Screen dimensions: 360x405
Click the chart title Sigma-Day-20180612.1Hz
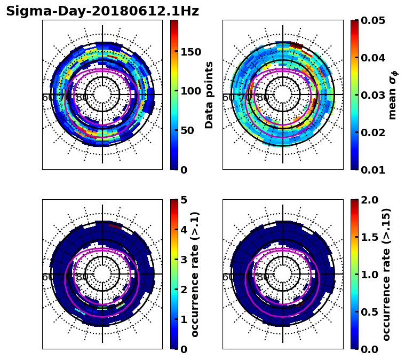click(x=102, y=11)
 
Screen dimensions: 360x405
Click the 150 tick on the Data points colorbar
click(x=190, y=52)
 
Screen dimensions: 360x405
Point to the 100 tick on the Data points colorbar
click(x=190, y=91)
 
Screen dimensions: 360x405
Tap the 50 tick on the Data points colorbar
click(x=187, y=130)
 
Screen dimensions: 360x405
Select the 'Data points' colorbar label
click(x=209, y=95)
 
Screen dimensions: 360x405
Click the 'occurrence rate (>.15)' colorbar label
click(x=386, y=275)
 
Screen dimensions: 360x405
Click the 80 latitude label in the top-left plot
click(x=82, y=98)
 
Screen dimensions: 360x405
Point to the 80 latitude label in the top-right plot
click(x=263, y=98)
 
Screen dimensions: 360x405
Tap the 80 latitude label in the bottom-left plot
click(x=82, y=277)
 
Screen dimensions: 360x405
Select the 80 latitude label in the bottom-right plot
click(x=263, y=277)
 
